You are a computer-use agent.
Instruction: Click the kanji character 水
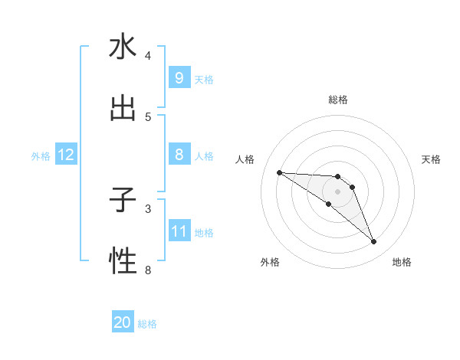tap(123, 47)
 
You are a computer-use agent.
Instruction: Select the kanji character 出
tap(123, 109)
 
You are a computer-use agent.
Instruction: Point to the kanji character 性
tap(123, 262)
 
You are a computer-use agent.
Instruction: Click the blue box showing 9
tap(179, 77)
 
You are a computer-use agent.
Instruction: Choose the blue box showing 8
tap(179, 155)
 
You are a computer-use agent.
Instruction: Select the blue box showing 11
tap(179, 231)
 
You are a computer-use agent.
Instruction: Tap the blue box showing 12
tap(65, 155)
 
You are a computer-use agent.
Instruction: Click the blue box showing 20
tap(123, 322)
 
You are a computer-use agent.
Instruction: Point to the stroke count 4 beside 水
tap(148, 55)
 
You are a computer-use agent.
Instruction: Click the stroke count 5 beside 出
tap(148, 116)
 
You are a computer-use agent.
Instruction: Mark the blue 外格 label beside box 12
tap(41, 155)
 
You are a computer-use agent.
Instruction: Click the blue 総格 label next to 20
tap(147, 323)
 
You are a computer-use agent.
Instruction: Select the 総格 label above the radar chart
tap(337, 100)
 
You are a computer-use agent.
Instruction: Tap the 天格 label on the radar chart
tap(431, 159)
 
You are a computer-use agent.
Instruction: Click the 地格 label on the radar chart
tap(402, 262)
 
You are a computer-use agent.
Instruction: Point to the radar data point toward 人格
tap(279, 172)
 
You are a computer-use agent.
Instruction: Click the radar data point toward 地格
tap(373, 242)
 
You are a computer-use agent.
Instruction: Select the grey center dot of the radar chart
tap(337, 191)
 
